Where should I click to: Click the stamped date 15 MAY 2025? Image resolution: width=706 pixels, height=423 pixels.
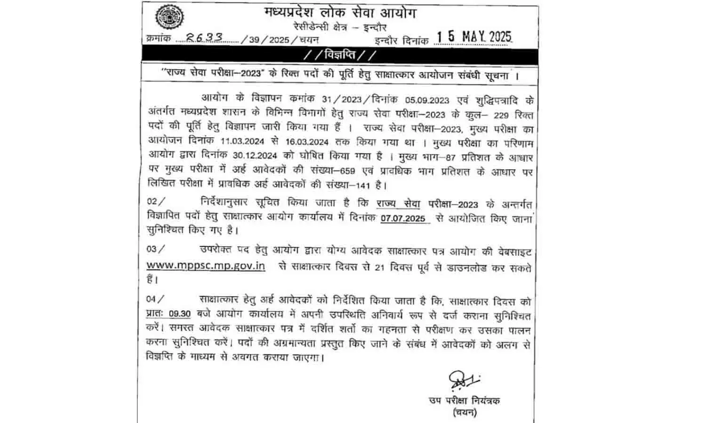(473, 37)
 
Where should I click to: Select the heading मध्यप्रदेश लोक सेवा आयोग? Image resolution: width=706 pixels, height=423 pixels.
(340, 13)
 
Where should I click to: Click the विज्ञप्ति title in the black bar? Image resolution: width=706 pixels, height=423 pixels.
(340, 55)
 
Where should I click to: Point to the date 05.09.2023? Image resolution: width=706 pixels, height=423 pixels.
(427, 100)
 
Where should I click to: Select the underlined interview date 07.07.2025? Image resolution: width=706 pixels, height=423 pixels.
(403, 218)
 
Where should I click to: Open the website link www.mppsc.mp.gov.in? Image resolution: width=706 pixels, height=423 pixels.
(206, 266)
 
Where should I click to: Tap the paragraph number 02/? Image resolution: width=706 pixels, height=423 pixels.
(156, 202)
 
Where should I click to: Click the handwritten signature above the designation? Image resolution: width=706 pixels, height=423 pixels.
(462, 380)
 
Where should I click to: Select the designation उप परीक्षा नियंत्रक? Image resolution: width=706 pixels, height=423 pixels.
(464, 401)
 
